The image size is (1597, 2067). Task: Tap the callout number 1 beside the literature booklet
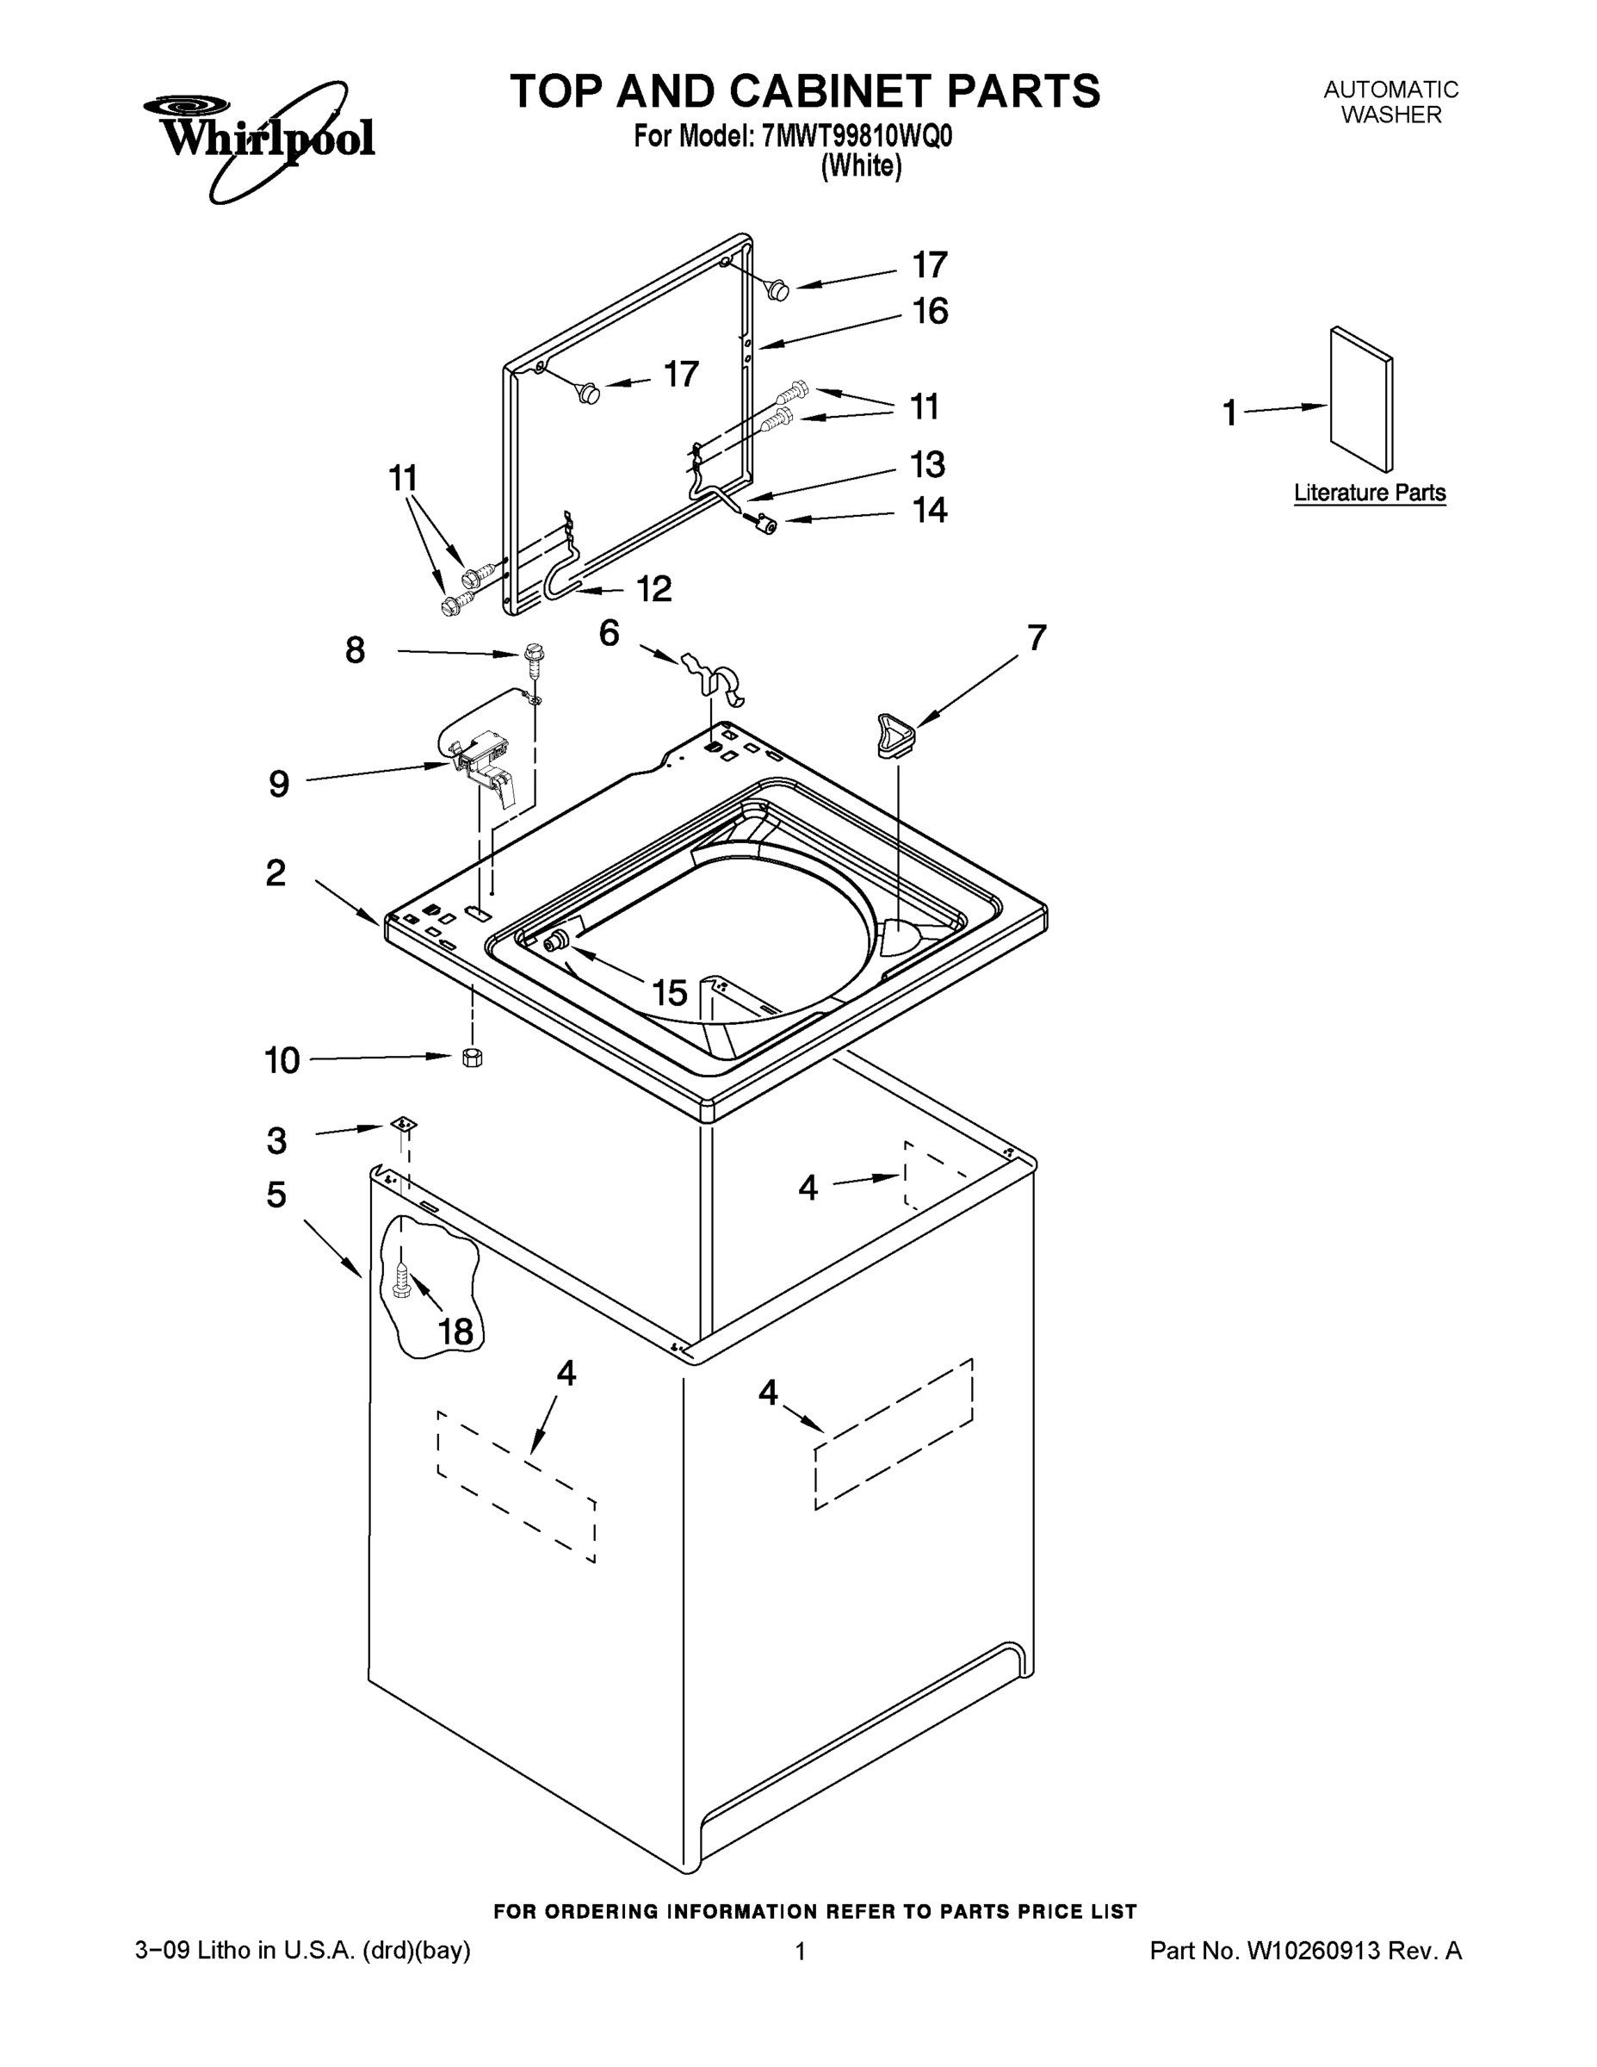coord(1229,413)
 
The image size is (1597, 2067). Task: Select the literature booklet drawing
coord(1360,399)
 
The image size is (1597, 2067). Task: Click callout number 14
coord(929,510)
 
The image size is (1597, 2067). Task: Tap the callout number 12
coord(653,589)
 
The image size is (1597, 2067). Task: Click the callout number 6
coord(609,632)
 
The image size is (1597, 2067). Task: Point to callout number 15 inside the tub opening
coord(669,993)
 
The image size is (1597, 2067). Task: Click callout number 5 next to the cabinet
coord(275,1195)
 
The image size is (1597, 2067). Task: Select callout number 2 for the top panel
coord(275,872)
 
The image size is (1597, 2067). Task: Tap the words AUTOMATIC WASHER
coord(1390,102)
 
